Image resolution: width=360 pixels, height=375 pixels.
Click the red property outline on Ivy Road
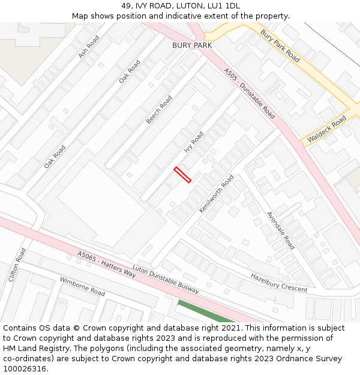(182, 175)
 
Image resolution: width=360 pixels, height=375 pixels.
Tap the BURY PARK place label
(192, 45)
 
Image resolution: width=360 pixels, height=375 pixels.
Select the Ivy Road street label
(193, 142)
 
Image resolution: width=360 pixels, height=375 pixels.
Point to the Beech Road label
(159, 110)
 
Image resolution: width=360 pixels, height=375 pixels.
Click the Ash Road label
(89, 47)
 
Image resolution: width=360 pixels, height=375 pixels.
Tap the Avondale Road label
(280, 230)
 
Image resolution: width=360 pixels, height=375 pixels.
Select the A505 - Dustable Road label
(250, 93)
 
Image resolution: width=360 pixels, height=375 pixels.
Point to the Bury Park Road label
(280, 46)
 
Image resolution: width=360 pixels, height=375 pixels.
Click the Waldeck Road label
(327, 130)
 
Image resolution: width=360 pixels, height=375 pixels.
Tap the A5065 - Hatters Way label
(106, 264)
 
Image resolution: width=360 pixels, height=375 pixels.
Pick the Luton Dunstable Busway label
(165, 280)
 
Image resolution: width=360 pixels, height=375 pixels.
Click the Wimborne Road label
(82, 286)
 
